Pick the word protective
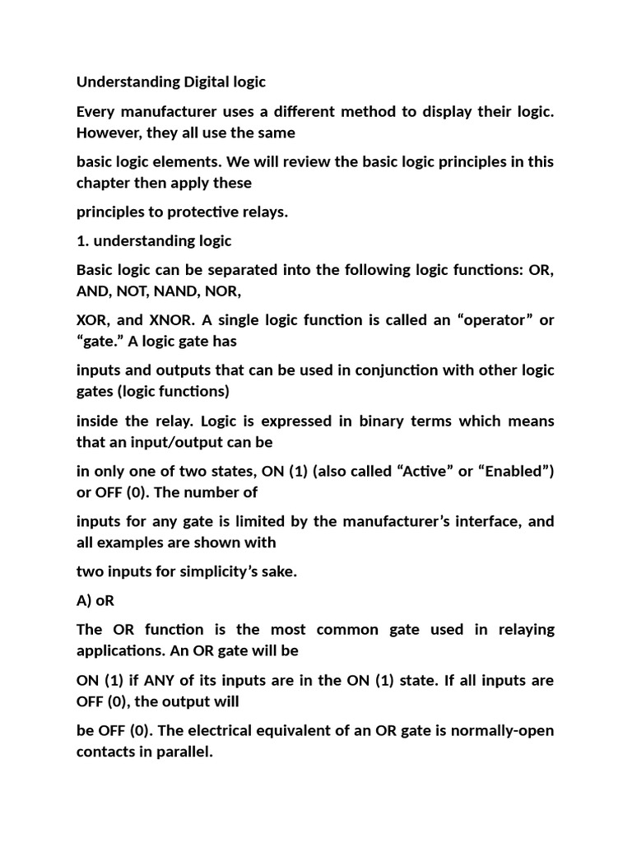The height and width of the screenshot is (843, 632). tap(202, 212)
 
